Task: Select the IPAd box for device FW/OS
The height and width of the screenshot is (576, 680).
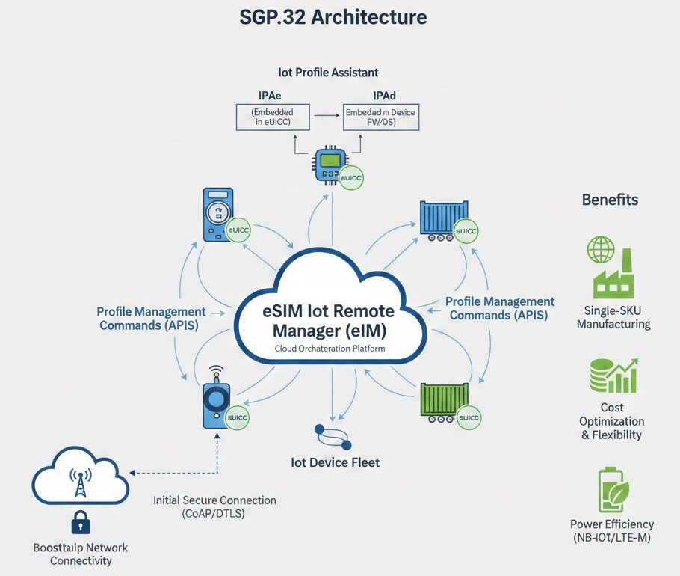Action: [x=380, y=118]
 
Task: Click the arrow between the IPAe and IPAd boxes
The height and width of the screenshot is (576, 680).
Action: [x=324, y=117]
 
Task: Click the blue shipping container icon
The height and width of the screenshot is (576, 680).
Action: [x=444, y=220]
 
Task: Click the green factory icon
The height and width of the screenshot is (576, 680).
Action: [x=613, y=276]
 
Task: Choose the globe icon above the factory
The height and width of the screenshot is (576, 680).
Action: [x=600, y=250]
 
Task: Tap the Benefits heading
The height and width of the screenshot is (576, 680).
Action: [x=610, y=200]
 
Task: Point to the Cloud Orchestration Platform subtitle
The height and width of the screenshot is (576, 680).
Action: [x=329, y=349]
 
